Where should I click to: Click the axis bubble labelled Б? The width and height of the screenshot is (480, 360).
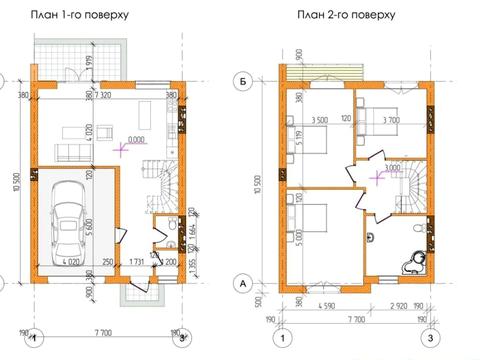[241, 79]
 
